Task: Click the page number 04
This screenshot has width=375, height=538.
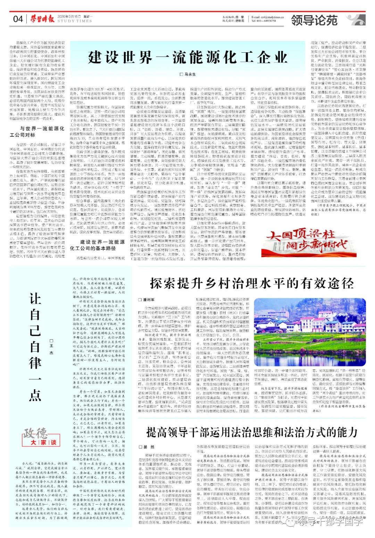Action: pos(17,19)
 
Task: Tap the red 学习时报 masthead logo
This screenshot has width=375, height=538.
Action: pos(42,18)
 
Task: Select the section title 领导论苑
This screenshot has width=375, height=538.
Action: pos(314,20)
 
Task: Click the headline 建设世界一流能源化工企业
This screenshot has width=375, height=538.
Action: pos(187,57)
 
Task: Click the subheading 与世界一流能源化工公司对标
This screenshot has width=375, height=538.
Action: pos(42,131)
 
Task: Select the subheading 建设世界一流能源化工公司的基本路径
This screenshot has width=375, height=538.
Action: pos(98,245)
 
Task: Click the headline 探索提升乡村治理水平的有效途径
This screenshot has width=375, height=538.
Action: pos(252,283)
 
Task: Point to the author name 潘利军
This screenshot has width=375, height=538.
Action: pos(148,300)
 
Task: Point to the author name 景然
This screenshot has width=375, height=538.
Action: pos(148,447)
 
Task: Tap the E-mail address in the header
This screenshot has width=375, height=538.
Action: pos(268,16)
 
